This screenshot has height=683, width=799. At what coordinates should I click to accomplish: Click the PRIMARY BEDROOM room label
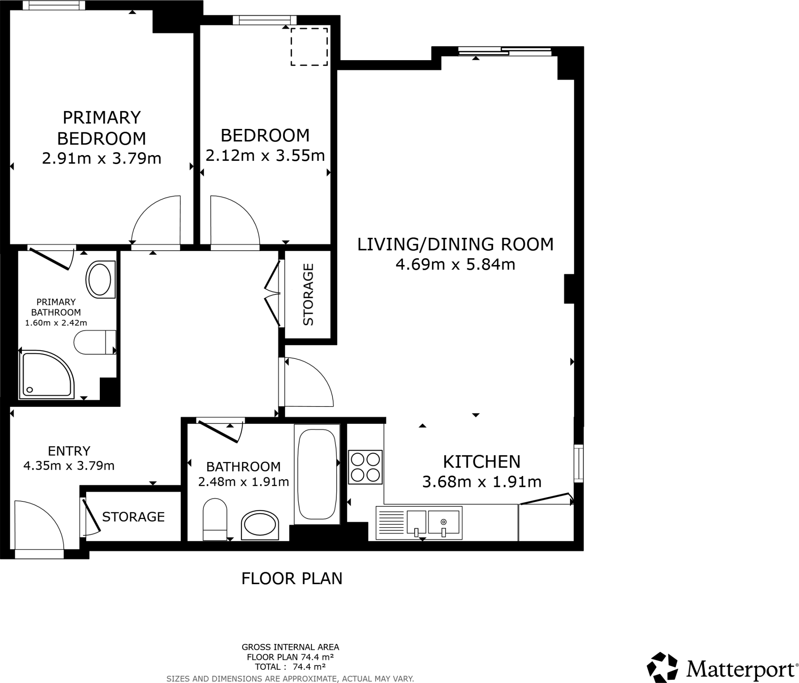pos(101,128)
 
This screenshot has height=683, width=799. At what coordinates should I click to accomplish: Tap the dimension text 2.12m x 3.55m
pos(265,156)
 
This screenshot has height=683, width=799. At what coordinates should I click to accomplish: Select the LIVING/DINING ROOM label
pos(455,244)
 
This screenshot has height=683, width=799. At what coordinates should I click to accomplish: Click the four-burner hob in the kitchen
pos(365,467)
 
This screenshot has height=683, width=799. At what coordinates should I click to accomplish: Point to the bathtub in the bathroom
pos(317,474)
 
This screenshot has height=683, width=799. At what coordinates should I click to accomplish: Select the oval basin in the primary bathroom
pos(100,280)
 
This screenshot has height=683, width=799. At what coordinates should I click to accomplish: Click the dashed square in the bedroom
pos(309,47)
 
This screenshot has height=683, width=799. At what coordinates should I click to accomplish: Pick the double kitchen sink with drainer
pos(419,523)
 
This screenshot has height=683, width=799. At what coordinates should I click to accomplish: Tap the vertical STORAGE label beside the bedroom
pos(308,294)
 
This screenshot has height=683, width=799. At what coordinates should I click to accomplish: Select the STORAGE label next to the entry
pos(133,517)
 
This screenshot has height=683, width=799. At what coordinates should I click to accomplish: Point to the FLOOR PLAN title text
pos(291,579)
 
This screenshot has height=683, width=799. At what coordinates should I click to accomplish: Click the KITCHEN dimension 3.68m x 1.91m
pos(481,482)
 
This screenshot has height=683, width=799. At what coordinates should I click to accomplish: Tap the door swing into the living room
pos(308,383)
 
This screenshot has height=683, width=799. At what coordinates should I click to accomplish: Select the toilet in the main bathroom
pos(215,519)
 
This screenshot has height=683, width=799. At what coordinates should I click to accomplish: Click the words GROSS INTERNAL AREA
pos(290,647)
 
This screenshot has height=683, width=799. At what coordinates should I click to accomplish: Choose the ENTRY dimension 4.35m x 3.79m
pos(69,466)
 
